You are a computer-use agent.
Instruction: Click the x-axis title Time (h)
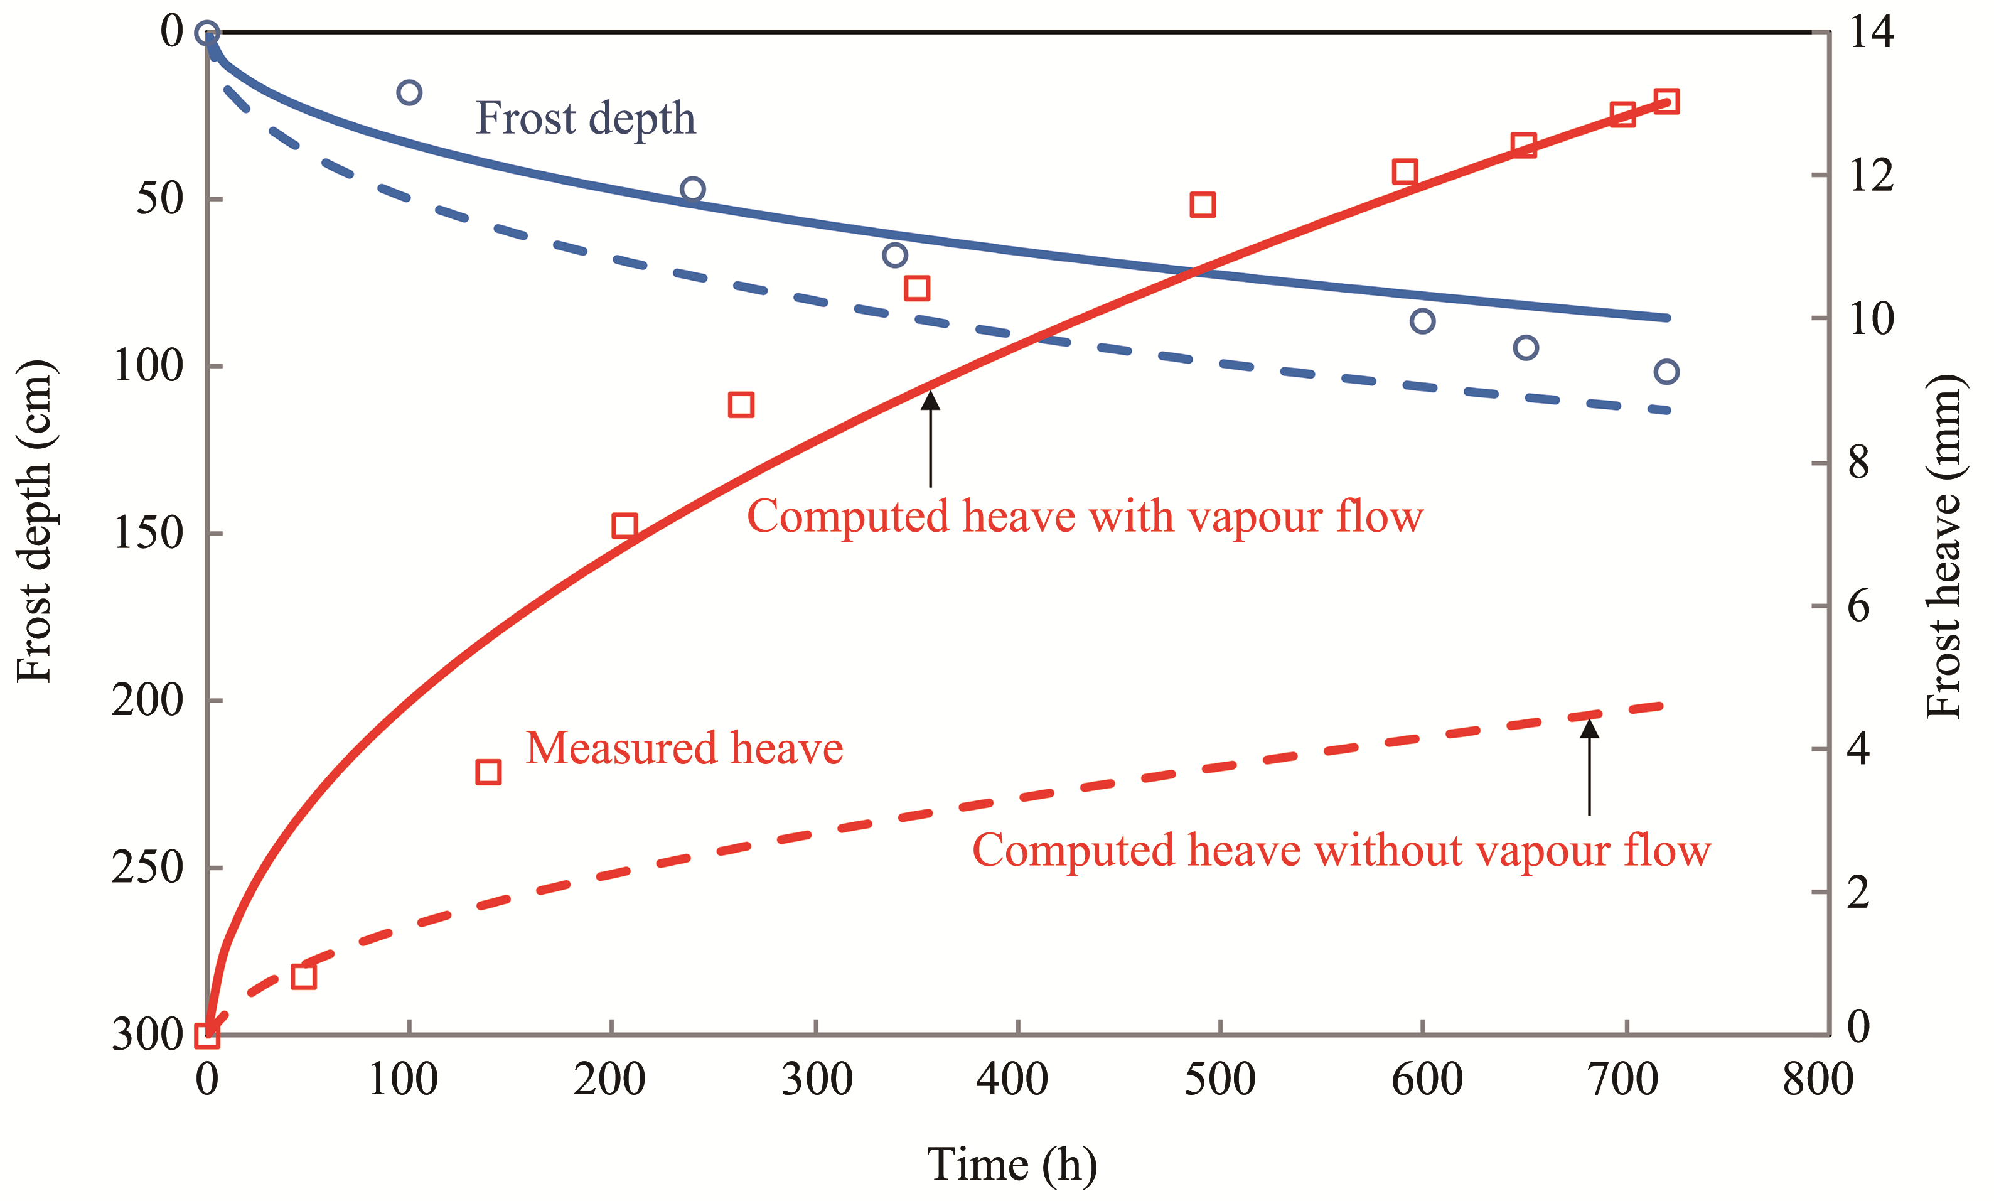pos(1011,1165)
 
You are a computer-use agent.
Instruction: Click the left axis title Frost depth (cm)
pos(34,522)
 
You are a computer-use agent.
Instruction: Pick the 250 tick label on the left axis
pos(148,868)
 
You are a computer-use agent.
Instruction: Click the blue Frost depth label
pos(585,119)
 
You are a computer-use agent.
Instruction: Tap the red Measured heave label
pos(683,748)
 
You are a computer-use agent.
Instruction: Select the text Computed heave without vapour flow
pos(1341,851)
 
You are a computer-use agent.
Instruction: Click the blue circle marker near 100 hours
pos(409,92)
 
